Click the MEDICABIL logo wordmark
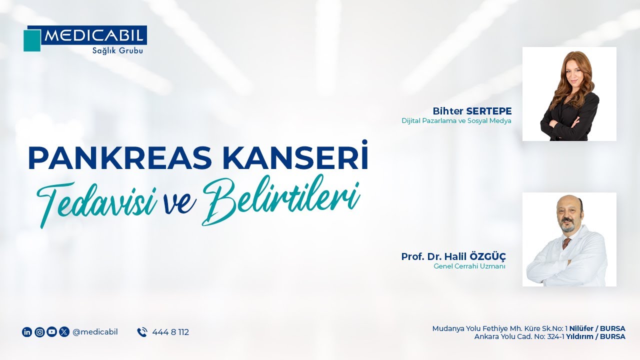click(x=94, y=35)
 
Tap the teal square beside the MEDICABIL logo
click(x=31, y=40)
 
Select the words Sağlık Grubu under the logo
click(x=117, y=50)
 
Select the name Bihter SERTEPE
click(x=472, y=110)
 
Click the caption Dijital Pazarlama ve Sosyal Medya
click(x=456, y=121)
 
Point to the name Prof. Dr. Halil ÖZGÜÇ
click(x=453, y=256)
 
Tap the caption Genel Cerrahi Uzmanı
click(x=469, y=266)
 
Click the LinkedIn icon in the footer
click(x=27, y=332)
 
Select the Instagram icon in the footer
click(x=39, y=332)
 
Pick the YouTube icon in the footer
click(x=51, y=332)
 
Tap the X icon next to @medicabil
click(x=64, y=332)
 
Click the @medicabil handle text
click(x=95, y=332)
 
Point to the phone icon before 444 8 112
click(x=142, y=332)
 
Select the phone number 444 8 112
click(x=170, y=332)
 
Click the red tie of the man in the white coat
click(x=566, y=243)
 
